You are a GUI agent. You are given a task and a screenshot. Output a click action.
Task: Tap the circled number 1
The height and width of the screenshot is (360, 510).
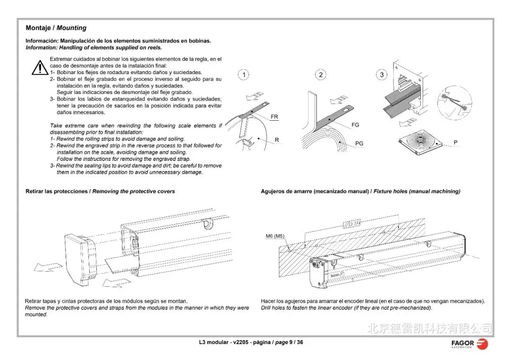click(243, 75)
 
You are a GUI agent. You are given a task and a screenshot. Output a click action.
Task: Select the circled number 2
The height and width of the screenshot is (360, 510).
click(321, 75)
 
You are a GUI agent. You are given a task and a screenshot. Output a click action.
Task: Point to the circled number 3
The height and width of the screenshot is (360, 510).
click(382, 75)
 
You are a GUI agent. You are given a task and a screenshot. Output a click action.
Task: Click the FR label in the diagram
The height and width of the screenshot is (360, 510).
click(274, 117)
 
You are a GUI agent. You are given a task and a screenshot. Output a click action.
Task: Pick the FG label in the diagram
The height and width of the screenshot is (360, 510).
click(355, 125)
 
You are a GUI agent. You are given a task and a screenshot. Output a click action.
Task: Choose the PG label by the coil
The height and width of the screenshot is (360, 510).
click(359, 143)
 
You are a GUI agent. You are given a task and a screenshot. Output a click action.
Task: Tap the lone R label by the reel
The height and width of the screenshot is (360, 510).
click(277, 140)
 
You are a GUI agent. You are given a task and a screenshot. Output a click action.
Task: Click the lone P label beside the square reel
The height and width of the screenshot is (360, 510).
click(455, 142)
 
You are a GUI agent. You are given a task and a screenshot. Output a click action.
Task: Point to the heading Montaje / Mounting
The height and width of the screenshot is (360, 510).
click(56, 28)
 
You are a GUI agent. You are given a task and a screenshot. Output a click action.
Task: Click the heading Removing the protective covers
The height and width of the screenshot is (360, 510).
click(134, 192)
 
